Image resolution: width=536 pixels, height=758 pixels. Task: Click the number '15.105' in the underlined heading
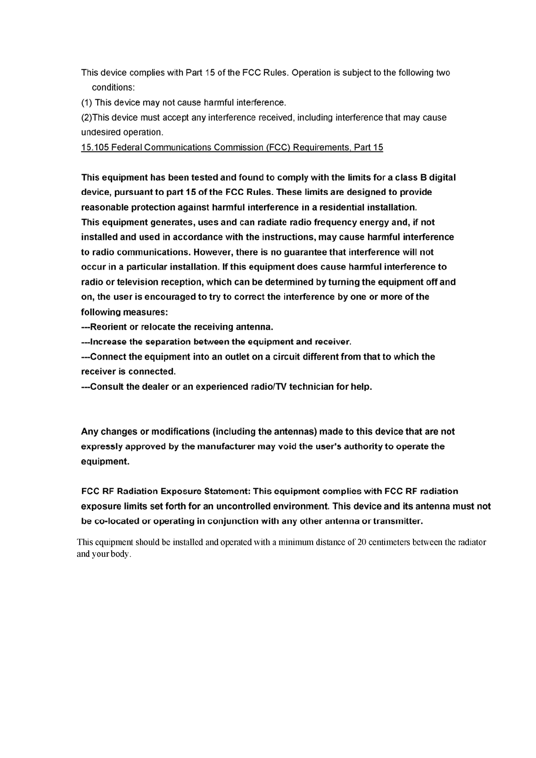click(95, 147)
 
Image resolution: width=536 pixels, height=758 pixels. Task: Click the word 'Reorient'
click(109, 326)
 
